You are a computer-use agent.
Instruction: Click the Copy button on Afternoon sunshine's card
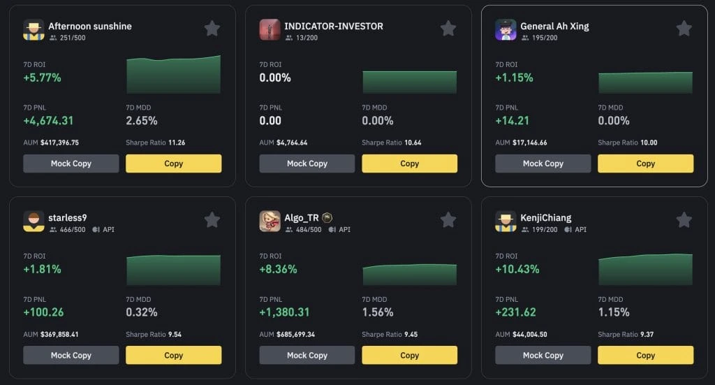[173, 164]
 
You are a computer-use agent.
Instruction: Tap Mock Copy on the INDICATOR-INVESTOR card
[307, 164]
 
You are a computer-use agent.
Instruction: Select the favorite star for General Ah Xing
[684, 29]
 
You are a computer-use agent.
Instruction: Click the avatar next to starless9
[34, 221]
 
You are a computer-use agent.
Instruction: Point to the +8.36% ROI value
[278, 269]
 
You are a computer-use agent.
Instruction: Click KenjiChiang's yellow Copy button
[645, 355]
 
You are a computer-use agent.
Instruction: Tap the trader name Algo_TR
[300, 217]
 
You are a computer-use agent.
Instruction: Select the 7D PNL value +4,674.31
[48, 120]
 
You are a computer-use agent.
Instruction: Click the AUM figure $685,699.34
[296, 335]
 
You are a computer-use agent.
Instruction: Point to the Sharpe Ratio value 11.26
[176, 143]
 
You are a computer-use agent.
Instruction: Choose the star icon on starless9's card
[212, 220]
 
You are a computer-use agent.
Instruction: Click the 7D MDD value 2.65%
[141, 120]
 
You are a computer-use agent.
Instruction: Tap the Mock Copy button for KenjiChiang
[543, 355]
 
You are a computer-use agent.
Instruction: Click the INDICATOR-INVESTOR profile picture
[270, 29]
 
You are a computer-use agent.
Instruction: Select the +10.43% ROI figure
[517, 269]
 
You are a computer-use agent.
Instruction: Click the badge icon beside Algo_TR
[327, 217]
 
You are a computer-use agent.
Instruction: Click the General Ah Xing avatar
[506, 29]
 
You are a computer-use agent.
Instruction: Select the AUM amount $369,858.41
[59, 335]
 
